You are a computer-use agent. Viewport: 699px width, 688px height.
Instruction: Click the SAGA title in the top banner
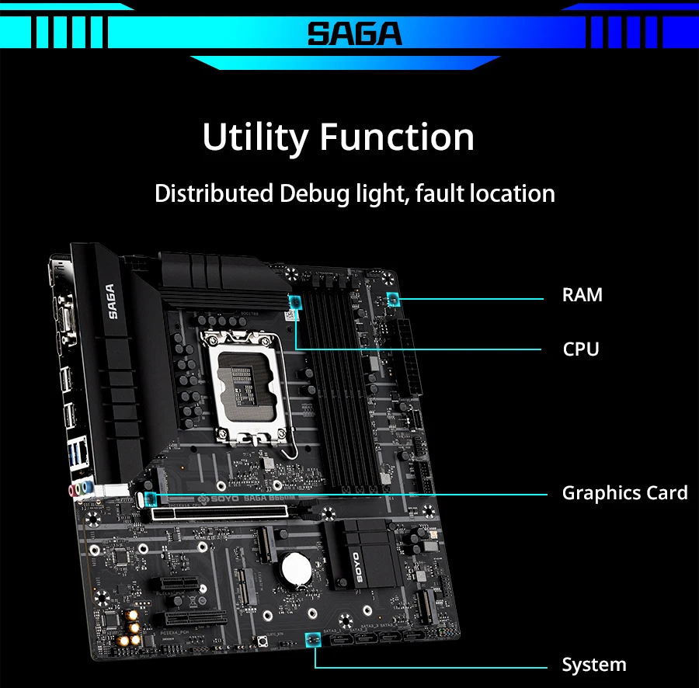tap(354, 33)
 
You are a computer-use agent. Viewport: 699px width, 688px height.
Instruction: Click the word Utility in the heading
tap(255, 137)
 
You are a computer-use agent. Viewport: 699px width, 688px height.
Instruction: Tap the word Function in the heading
tap(397, 137)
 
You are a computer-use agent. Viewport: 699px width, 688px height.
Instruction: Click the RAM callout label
tap(582, 295)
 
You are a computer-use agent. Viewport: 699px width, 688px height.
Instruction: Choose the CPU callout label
tap(581, 349)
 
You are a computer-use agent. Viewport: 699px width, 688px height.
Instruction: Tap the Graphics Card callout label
tap(624, 493)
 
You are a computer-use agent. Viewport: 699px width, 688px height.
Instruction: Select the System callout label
tap(593, 665)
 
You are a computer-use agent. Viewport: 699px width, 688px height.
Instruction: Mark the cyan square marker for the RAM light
tap(392, 299)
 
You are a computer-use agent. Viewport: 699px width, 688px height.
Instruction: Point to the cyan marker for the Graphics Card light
tap(150, 495)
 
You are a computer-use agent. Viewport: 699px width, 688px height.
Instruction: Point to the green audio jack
tap(88, 489)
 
